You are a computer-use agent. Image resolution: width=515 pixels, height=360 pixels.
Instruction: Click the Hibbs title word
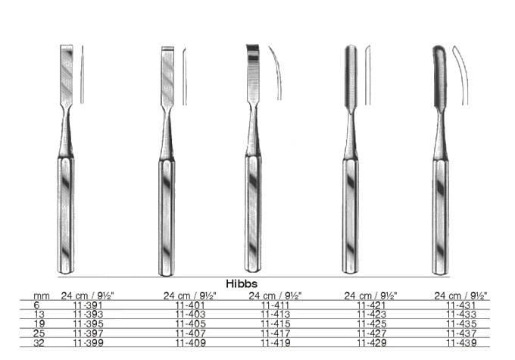pos(242,283)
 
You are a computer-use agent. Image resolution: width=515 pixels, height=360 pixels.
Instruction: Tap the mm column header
pos(42,296)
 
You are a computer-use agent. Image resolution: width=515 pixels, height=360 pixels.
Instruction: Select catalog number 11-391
pos(88,305)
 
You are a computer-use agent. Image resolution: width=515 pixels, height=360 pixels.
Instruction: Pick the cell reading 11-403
pos(191,315)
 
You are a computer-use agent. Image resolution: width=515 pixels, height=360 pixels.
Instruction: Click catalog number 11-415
pos(276,324)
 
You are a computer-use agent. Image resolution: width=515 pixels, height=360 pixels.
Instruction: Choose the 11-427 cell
pos(371,333)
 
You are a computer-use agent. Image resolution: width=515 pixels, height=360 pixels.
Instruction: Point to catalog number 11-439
pos(461,343)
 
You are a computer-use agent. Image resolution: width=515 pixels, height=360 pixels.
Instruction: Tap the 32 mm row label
pos(39,343)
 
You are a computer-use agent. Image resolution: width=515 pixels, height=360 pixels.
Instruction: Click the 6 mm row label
pos(36,305)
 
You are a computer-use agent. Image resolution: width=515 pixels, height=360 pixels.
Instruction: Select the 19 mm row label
pos(39,324)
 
